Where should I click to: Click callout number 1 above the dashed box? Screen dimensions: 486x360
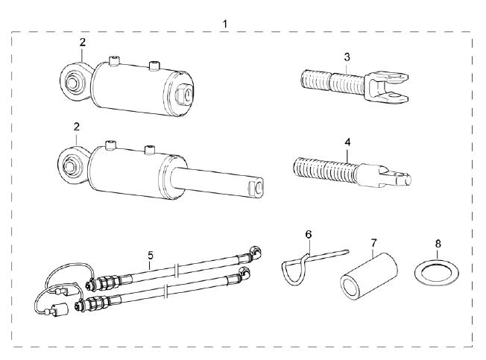(225, 24)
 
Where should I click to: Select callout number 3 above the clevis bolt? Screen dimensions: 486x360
(347, 57)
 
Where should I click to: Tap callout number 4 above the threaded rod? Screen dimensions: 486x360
(347, 142)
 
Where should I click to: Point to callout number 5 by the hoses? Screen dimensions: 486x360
(151, 256)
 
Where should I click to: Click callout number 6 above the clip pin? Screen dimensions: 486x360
(309, 235)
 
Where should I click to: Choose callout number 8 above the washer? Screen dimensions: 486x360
(438, 244)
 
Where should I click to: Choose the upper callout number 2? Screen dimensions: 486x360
(82, 42)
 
